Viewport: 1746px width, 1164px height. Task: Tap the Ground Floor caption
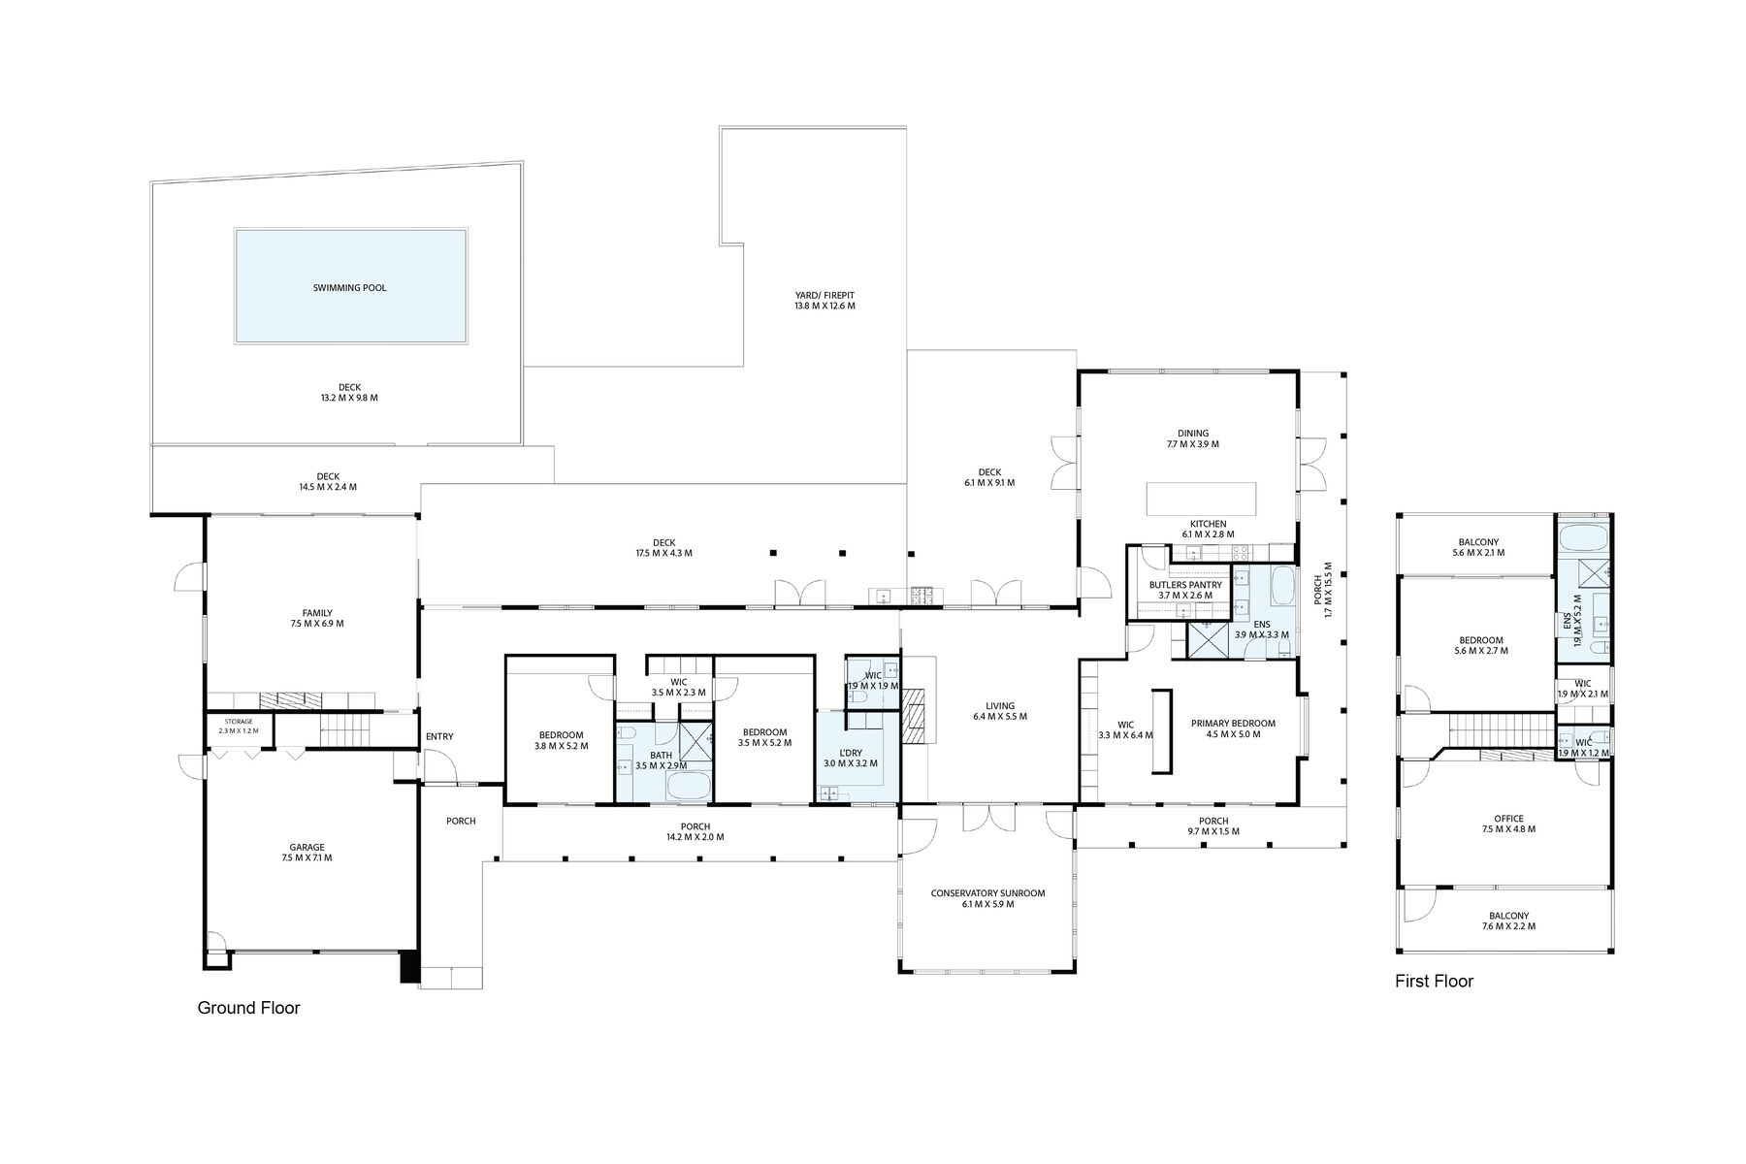coord(248,1008)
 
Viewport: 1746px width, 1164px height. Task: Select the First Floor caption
coord(1434,981)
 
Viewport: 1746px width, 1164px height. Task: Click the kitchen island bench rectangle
coord(1201,499)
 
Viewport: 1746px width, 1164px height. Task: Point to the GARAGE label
coord(307,847)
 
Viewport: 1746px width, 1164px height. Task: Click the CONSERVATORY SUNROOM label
coord(987,893)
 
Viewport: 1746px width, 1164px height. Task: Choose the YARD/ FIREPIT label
coord(824,295)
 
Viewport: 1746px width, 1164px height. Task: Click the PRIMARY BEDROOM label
coord(1233,723)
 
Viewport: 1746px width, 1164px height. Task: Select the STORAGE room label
coord(239,722)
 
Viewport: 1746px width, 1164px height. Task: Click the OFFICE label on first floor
coord(1508,819)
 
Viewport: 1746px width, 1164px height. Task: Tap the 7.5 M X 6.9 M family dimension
coord(316,624)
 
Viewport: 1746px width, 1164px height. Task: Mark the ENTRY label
coord(439,736)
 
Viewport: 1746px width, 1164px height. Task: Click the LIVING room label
coord(1000,706)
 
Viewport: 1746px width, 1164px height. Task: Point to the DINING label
coord(1193,434)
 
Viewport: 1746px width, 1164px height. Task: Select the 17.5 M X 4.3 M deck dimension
coord(663,554)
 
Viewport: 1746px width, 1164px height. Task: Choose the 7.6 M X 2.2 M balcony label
coord(1508,926)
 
